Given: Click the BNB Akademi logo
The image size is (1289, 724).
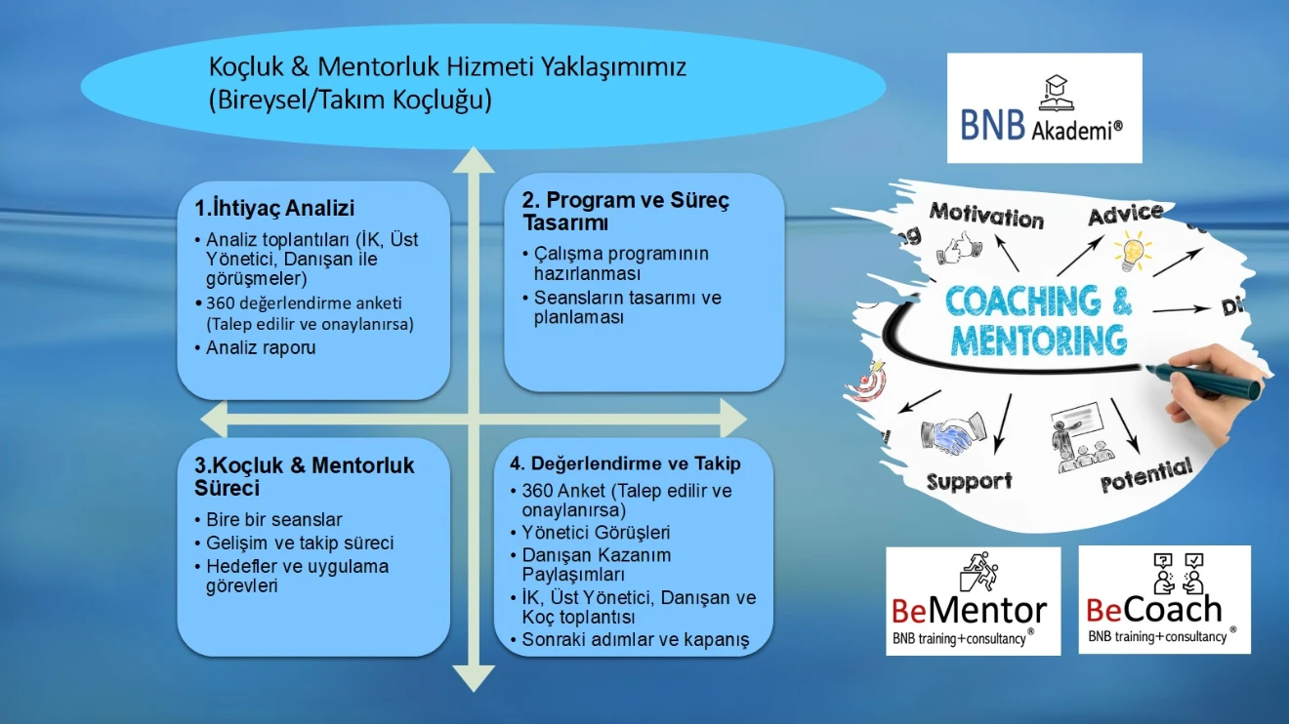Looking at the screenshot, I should tap(1044, 108).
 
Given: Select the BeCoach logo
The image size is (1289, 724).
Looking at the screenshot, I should tap(1163, 599).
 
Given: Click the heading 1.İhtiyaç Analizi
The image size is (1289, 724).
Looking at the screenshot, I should tap(273, 208).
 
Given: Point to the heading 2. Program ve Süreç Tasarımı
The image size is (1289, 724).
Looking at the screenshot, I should tap(625, 212).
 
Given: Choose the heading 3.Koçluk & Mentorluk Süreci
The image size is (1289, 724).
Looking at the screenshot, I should tap(304, 476).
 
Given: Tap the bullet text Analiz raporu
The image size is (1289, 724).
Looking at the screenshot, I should tap(261, 347).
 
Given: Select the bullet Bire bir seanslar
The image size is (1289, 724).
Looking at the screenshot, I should tap(274, 519).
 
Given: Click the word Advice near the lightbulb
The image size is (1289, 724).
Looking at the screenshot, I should tap(1125, 214).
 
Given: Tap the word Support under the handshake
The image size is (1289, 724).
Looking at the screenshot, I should tap(969, 481).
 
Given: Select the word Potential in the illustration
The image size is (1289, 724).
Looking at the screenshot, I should tap(1146, 476).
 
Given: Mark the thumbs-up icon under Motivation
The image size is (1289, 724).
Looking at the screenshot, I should tap(959, 249).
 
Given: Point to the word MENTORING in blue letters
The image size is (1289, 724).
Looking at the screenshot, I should tap(1038, 342).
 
